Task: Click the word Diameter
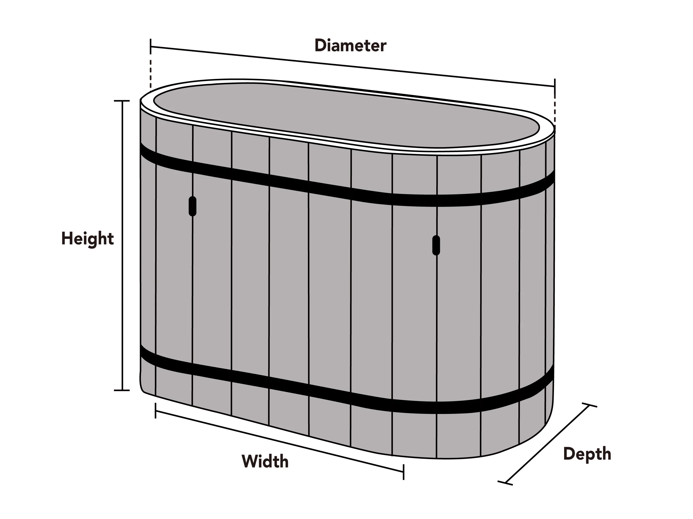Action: point(350,46)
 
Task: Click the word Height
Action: point(87,239)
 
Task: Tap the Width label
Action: point(265,461)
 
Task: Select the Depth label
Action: point(587,454)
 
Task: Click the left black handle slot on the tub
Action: point(192,206)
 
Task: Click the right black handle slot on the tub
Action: point(436,245)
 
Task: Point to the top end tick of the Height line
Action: point(122,101)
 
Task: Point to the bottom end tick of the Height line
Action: point(122,390)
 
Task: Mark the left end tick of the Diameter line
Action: point(151,47)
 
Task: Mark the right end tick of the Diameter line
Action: point(555,86)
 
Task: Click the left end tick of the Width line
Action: point(156,411)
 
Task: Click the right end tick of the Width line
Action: point(404,472)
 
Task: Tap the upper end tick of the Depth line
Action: point(589,405)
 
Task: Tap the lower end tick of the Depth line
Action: point(505,483)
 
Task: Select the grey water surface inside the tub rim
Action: point(346,114)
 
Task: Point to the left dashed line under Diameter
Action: point(151,74)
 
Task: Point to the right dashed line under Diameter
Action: point(555,111)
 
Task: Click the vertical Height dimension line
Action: point(122,245)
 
